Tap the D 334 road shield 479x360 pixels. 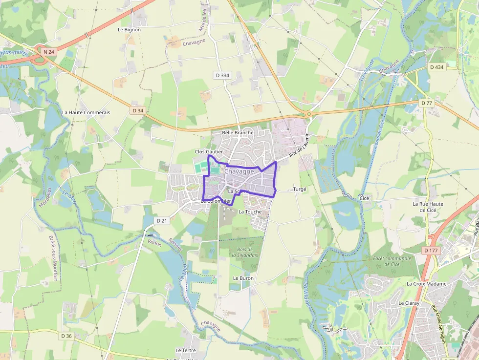[222, 75]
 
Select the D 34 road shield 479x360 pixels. [138, 110]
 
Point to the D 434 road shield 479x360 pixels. [436, 67]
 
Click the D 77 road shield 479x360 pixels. [427, 103]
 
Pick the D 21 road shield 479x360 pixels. [162, 221]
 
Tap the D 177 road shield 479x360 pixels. [431, 251]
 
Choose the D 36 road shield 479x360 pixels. [66, 336]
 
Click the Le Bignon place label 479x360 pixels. [129, 30]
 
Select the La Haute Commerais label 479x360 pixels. [86, 112]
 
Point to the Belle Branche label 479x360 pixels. [238, 132]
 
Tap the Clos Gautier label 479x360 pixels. [209, 152]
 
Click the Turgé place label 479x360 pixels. [300, 189]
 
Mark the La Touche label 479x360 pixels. [250, 212]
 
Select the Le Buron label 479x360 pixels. [243, 278]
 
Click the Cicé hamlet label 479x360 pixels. [364, 198]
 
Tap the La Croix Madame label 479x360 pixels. [426, 284]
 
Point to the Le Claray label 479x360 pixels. [409, 303]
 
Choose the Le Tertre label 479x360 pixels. [185, 351]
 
